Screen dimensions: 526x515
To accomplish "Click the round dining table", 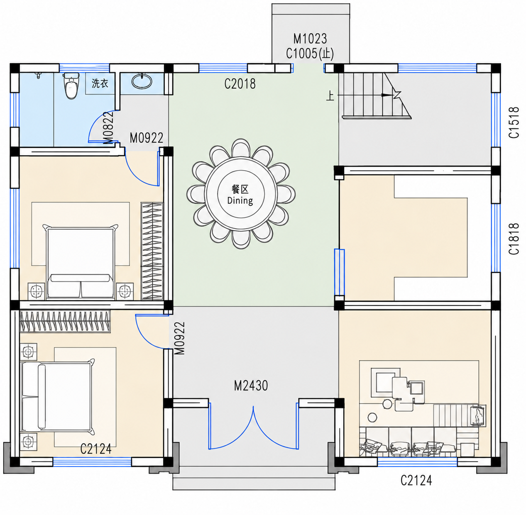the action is coord(241,194).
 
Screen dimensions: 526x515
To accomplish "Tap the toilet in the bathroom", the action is coord(71,86).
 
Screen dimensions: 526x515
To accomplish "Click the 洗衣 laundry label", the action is coord(100,83).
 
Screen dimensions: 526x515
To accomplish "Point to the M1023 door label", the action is coord(310,39).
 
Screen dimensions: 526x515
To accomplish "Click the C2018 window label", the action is coord(240,84).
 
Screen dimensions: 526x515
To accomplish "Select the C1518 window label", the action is coord(514,122).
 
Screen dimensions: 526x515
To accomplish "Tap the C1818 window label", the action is coord(514,239).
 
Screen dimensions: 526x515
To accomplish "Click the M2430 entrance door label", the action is coord(251,386).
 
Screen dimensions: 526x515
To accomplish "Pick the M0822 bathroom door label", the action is coord(108,128).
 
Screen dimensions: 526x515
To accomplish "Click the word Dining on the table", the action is coord(240,200).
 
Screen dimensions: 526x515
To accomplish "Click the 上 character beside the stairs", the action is coord(330,96).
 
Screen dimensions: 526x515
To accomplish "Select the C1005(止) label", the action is coord(310,53).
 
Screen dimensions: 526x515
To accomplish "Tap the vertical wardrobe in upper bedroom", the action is coord(152,251).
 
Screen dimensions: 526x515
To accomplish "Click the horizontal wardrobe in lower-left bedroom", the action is coord(65,321).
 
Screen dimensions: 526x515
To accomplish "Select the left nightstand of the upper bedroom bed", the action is coord(36,291).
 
